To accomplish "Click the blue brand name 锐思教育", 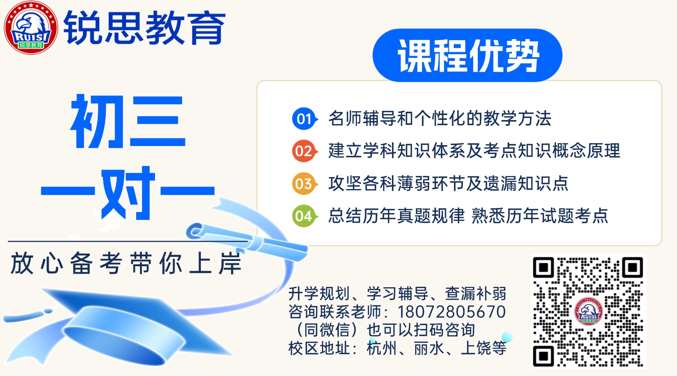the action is tap(145, 27).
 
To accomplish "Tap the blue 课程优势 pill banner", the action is tap(467, 55).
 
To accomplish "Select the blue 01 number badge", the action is tap(305, 119).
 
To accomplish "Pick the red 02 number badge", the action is tap(305, 151).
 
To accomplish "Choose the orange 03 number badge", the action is tap(305, 184).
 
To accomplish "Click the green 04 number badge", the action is tap(305, 216).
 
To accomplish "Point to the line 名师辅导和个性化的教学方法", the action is tap(440, 119).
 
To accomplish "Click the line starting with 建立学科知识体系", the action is tap(474, 151).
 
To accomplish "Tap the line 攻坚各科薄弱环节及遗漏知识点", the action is tap(448, 183).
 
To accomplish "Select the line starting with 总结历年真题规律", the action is tap(468, 216).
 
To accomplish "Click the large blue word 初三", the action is tap(128, 121).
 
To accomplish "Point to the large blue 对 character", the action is tap(128, 193).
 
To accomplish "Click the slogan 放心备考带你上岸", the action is tap(126, 263).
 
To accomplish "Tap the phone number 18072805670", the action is tap(451, 312).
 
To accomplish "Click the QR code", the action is tap(588, 311).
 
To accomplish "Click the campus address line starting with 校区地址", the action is tap(397, 348).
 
